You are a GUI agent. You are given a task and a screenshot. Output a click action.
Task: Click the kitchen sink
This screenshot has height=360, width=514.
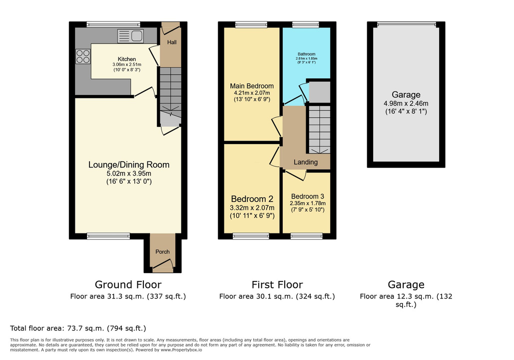coord(130,36)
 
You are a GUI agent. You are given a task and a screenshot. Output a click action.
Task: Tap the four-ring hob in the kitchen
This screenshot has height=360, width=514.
coord(83,56)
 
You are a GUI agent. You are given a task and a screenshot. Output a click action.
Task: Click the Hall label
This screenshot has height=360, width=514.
coord(172,42)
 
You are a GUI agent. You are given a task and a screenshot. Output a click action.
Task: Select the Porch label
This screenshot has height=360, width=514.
coord(163,251)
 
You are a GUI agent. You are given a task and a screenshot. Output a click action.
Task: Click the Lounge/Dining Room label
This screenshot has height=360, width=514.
coord(129,164)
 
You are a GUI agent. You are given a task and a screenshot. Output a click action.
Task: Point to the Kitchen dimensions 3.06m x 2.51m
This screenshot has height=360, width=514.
coord(127,64)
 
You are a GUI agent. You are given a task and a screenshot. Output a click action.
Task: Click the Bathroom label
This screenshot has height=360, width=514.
coord(307,54)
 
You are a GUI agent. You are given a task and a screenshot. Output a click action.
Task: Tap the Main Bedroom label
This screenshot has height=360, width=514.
coord(252,86)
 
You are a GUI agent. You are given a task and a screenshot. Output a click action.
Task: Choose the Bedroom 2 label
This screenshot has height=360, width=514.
coord(252,199)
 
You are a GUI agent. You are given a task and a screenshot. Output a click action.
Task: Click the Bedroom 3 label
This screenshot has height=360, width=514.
coord(308,196)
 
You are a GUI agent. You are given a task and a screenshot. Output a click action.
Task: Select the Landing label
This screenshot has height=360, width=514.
coord(306,162)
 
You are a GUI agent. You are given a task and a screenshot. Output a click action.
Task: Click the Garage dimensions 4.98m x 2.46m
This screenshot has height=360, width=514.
coord(406,103)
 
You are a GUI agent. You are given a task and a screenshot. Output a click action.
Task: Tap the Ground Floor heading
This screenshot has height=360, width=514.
coord(128,284)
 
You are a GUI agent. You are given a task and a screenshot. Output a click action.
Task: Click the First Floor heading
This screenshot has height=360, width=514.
coord(277,284)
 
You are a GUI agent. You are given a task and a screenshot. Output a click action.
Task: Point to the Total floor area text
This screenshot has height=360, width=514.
coord(78,328)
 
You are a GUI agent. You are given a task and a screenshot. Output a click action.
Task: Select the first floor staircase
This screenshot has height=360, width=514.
coord(319,129)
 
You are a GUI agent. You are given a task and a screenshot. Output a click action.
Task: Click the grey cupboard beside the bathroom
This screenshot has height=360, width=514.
coord(320,92)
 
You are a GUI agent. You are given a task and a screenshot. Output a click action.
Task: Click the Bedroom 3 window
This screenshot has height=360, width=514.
coord(307,236)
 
